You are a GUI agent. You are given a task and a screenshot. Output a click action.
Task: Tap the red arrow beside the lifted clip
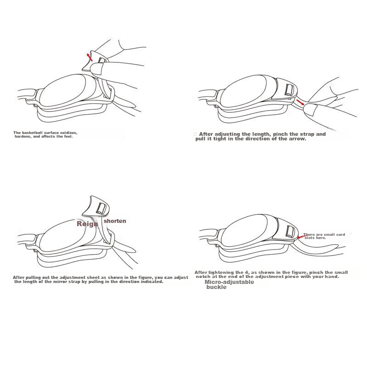89,57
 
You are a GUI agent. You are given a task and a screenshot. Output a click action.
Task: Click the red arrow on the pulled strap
300,102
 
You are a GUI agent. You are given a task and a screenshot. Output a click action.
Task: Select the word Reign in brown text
87,224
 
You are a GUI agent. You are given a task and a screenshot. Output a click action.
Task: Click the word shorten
115,221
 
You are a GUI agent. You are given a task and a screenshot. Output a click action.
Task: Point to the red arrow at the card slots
302,237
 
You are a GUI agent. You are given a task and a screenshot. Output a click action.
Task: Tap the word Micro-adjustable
229,282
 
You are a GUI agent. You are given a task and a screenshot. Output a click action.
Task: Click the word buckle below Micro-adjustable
217,287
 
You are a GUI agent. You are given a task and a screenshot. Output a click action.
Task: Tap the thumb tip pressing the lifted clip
95,68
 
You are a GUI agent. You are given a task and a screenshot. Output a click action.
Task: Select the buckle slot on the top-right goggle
289,89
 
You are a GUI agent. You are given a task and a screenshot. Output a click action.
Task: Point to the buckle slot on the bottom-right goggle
290,231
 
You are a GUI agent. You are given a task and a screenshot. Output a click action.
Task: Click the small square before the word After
195,134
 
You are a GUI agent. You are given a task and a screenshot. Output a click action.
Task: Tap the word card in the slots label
340,234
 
